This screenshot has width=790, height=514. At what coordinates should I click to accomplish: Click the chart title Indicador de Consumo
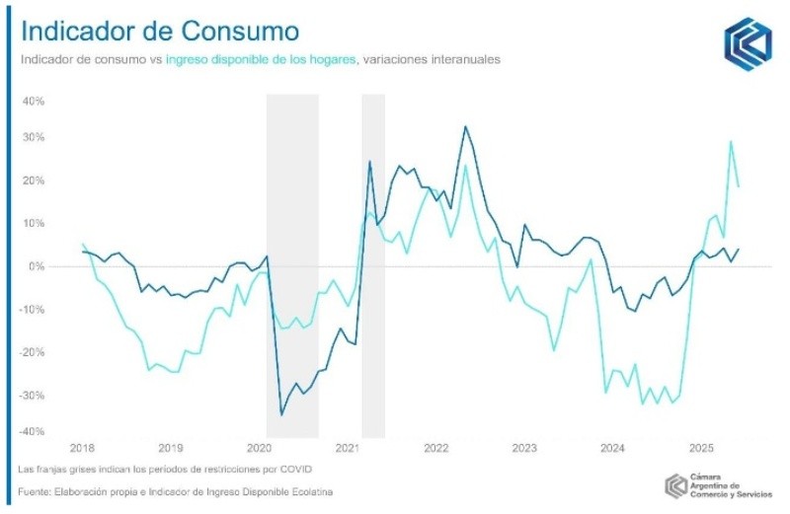click(x=160, y=29)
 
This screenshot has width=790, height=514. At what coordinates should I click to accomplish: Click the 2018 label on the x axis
click(x=83, y=448)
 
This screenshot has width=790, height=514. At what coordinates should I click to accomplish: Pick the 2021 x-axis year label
click(x=347, y=448)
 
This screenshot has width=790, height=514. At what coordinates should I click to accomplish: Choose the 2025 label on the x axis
click(x=700, y=448)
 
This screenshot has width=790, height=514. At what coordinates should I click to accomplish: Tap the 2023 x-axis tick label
click(x=523, y=448)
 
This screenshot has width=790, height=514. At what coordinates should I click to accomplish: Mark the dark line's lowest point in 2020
click(x=281, y=414)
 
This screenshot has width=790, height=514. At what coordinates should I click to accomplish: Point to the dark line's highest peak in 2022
click(x=465, y=126)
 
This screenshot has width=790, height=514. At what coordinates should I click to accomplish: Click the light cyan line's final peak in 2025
click(x=731, y=141)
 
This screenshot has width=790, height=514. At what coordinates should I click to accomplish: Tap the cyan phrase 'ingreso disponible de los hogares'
click(x=261, y=59)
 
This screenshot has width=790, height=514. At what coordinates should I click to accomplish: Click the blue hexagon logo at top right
click(x=748, y=42)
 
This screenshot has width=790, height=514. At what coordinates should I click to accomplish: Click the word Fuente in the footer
click(x=36, y=490)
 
